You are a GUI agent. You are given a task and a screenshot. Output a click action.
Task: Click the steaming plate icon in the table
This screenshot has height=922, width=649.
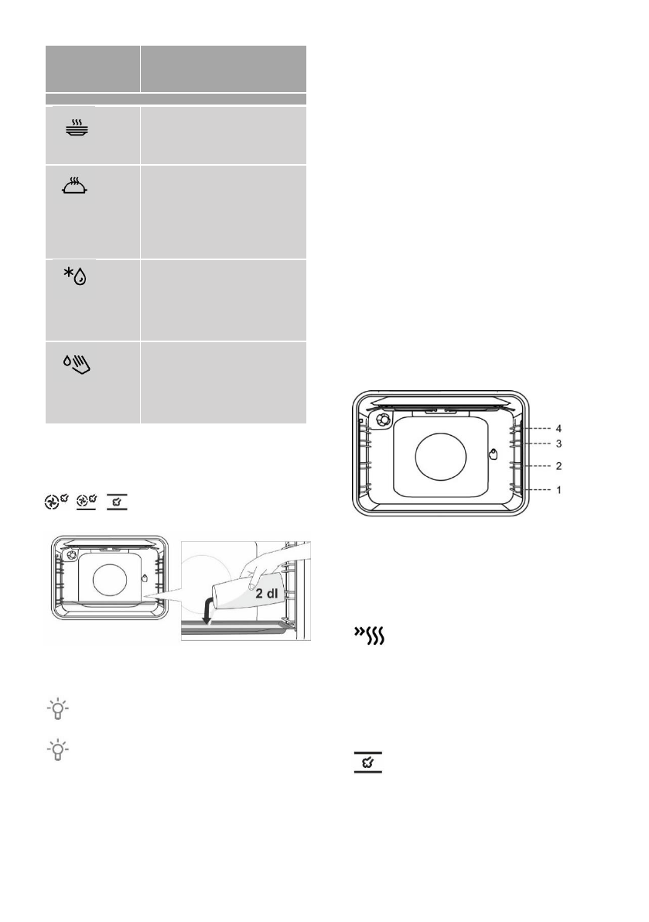tap(77, 129)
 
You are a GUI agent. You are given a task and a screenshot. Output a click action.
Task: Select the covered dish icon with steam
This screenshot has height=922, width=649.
tap(75, 185)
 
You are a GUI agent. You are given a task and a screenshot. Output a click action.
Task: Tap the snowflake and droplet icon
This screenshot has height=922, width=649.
tap(75, 275)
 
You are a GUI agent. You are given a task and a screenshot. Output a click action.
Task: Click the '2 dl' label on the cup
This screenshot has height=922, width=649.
tap(266, 593)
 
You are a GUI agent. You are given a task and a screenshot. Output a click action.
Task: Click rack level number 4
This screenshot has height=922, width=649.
tap(558, 429)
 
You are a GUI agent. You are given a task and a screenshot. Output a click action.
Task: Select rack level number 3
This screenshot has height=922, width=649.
tap(558, 444)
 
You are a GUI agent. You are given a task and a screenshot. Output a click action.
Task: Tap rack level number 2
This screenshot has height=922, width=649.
tap(558, 466)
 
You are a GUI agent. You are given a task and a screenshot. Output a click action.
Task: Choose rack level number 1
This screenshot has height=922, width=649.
tap(558, 489)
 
